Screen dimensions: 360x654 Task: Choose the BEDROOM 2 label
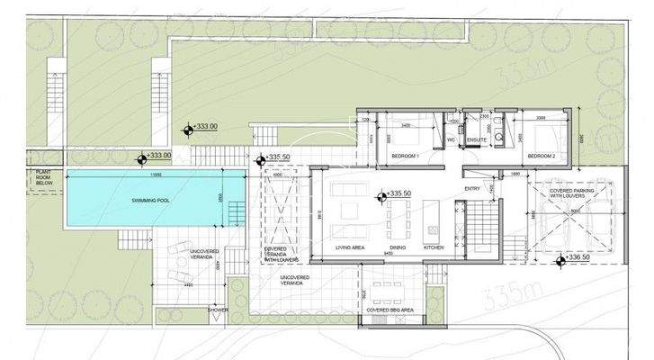point(542,156)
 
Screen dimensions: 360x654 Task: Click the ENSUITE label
point(477,140)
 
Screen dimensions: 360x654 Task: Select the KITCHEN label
point(435,247)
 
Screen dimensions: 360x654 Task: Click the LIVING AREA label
point(349,247)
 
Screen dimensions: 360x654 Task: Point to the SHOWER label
point(219,310)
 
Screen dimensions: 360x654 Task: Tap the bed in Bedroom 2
point(540,137)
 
